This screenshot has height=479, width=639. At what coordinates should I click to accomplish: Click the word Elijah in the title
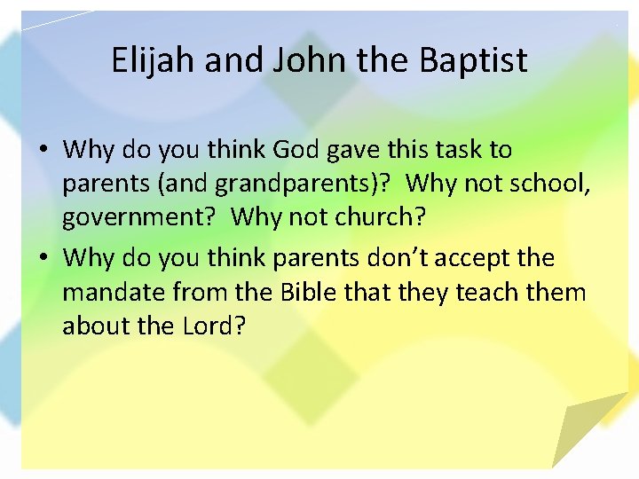[154, 60]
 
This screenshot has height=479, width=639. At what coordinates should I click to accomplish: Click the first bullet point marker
[44, 150]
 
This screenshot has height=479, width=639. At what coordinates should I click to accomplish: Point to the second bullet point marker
[44, 258]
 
